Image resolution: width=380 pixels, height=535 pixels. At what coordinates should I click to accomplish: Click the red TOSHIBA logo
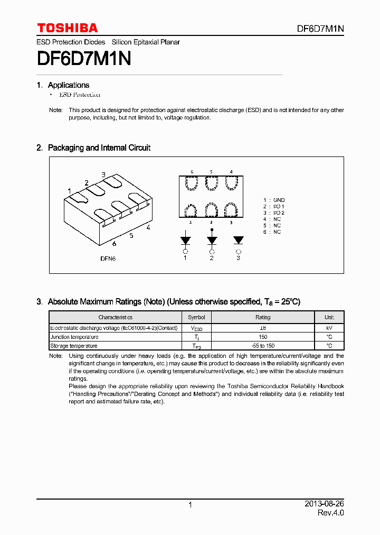pos(67,28)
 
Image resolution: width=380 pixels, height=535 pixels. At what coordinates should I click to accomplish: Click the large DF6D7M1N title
pos(84,59)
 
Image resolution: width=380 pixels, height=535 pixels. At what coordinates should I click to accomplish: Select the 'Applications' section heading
pos(69,85)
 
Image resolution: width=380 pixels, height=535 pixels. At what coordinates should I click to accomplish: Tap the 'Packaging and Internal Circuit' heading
pos(99,148)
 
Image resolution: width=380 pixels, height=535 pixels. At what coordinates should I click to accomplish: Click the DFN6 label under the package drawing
pos(108,259)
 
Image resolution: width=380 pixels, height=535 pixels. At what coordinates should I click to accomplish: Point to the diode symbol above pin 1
pos(185,240)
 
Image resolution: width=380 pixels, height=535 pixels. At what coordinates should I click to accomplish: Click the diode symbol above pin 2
pos(212,240)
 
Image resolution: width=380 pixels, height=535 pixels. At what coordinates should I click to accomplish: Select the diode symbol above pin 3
pos(238,240)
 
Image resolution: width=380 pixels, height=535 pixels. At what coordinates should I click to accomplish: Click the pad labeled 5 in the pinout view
pos(211,183)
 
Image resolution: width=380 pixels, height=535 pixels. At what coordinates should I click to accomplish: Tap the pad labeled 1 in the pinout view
pos(191,210)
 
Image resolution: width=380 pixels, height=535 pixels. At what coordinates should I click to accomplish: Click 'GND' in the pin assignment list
pos(279,200)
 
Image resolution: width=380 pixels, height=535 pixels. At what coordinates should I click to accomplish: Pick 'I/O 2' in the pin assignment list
pos(278,213)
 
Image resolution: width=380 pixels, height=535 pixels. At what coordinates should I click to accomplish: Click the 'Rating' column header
pos(262,317)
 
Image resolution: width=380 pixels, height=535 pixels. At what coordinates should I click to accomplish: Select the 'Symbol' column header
pos(196,317)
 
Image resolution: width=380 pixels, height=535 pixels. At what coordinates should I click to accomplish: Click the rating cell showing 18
pos(262,328)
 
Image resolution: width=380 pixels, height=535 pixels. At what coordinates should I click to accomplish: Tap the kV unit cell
pos(329,328)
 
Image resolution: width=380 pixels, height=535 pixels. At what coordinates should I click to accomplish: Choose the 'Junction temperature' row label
pos(74,337)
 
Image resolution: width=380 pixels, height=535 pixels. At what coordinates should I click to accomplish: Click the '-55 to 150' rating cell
pos(262,346)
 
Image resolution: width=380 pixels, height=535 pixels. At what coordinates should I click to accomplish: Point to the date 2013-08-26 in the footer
pos(324,504)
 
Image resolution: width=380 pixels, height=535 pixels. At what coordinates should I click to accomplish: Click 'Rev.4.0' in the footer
pos(330,513)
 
